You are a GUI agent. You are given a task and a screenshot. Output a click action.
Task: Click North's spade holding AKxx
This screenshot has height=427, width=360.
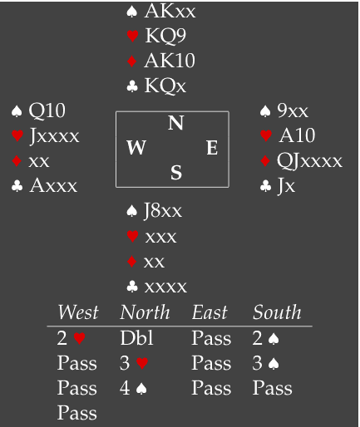[170, 12]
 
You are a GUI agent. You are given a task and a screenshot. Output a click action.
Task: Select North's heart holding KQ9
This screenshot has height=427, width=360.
[165, 36]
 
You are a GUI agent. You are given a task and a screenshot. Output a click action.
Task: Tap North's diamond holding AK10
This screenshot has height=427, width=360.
[170, 61]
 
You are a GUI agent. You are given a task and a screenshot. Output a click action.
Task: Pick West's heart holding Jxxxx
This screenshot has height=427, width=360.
[54, 136]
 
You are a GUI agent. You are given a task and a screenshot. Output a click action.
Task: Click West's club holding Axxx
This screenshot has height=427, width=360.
[53, 185]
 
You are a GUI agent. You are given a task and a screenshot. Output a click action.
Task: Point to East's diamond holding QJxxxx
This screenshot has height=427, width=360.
[309, 161]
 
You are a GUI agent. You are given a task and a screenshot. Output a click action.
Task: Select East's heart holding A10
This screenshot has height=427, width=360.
[297, 135]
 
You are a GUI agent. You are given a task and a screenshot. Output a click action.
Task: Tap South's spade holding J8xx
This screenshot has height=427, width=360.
[163, 211]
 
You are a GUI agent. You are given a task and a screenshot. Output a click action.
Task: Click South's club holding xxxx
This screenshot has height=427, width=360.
[165, 287]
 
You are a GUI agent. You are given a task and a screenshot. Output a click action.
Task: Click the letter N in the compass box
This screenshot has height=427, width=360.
[175, 123]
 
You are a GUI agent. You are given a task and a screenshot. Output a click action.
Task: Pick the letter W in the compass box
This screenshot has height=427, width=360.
[136, 147]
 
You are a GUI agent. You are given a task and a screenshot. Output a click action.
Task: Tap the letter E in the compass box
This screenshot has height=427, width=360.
[212, 147]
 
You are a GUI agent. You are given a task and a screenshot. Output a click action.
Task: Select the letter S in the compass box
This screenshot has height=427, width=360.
[176, 172]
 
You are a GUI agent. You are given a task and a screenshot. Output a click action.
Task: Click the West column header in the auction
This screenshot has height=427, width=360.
[78, 312]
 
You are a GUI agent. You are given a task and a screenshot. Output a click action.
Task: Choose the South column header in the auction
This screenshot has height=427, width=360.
[277, 312]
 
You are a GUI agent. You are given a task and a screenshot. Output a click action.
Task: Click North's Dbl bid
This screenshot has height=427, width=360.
[136, 338]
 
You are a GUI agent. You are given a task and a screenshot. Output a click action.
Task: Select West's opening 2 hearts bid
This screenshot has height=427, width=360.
[71, 338]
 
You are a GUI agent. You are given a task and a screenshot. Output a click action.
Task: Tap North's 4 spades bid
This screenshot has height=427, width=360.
[133, 388]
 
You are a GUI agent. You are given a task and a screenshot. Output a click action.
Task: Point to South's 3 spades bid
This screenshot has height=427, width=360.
[265, 363]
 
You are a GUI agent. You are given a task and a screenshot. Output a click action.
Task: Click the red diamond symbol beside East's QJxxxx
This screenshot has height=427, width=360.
[265, 161]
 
